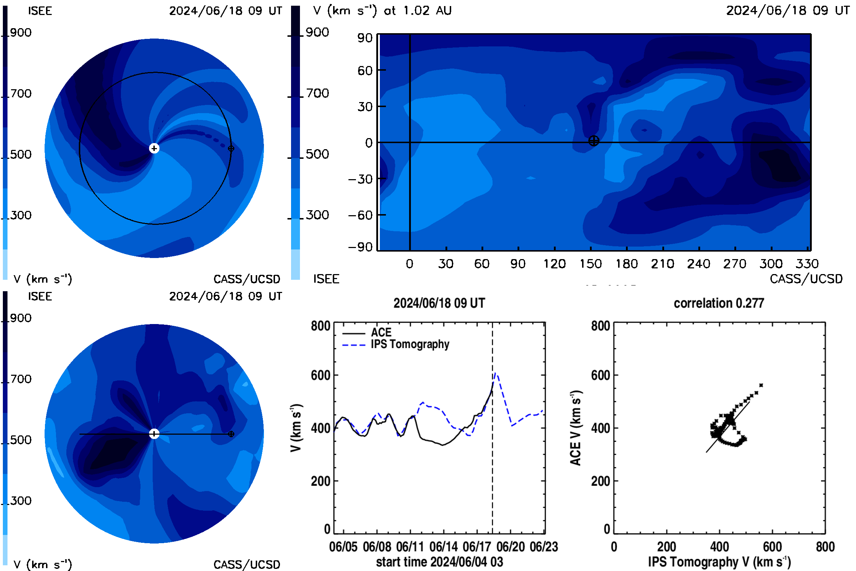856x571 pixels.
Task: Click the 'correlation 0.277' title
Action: (719, 303)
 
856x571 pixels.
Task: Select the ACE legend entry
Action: (367, 333)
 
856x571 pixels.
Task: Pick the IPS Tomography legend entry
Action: (396, 344)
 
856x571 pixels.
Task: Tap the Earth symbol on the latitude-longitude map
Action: (593, 141)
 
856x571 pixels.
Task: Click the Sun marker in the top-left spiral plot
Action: (154, 148)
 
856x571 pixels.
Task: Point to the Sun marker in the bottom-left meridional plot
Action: (154, 434)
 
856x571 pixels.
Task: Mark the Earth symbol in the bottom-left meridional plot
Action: (231, 434)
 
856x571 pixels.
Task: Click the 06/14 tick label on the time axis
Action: (444, 547)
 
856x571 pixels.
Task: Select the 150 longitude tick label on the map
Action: (590, 264)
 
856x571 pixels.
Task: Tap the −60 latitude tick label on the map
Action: (360, 215)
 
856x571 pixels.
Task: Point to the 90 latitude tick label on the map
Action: (365, 38)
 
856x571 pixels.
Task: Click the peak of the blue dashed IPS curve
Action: (495, 373)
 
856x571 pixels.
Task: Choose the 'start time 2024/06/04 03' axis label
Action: (440, 562)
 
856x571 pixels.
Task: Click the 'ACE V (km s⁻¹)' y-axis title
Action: (576, 428)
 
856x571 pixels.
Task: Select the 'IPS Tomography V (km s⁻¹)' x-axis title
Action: (719, 562)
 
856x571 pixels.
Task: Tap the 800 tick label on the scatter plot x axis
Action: (825, 547)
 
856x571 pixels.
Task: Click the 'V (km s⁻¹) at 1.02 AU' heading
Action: (382, 11)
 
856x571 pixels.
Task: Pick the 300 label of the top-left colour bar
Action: (21, 215)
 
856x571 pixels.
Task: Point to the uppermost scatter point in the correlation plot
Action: (761, 385)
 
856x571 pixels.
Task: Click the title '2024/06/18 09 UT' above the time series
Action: (439, 303)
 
